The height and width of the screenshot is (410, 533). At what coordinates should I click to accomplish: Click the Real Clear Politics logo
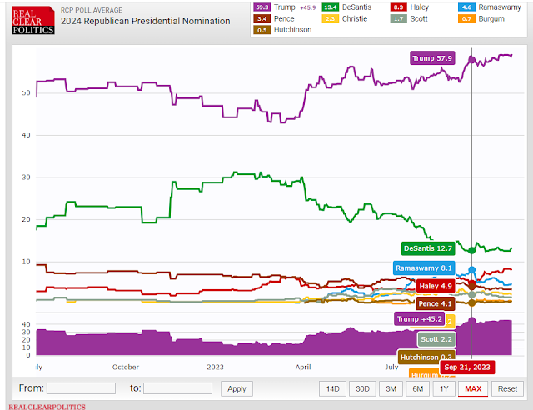click(31, 17)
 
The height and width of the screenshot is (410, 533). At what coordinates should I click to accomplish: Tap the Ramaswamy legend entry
click(495, 7)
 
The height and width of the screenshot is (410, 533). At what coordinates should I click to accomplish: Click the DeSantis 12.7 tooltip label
click(428, 247)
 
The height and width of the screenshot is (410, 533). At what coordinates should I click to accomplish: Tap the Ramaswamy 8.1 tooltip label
click(424, 268)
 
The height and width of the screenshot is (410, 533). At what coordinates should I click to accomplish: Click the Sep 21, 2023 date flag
click(467, 367)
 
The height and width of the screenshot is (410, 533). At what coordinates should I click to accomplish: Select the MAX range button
click(473, 388)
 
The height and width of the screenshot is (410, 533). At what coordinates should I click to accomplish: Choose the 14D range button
click(332, 388)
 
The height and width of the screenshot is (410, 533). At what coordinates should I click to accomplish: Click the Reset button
click(507, 388)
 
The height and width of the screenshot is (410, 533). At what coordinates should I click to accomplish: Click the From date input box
click(81, 388)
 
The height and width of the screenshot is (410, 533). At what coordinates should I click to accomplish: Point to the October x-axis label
click(126, 367)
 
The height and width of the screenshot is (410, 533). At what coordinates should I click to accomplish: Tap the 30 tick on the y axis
click(27, 177)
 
